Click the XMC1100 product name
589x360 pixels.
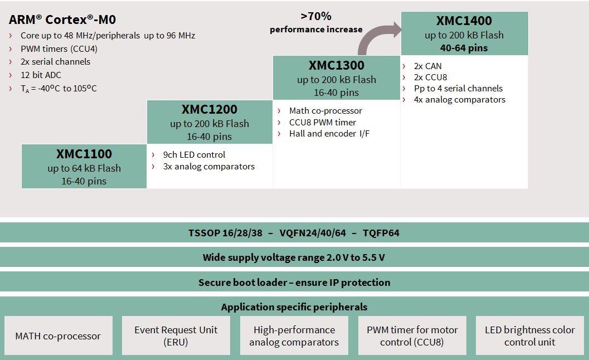point(84,154)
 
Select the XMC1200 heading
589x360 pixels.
point(210,109)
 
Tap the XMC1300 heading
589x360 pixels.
point(337,65)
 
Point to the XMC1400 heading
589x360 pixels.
point(464,21)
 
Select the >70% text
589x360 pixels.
point(316,17)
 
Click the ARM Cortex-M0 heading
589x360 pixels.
point(62,20)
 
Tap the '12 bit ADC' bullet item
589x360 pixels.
point(41,75)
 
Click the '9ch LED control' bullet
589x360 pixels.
point(194,154)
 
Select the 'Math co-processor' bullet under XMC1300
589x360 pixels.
point(325,110)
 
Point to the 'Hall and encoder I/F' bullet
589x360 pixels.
point(329,133)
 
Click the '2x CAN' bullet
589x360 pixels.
point(427,66)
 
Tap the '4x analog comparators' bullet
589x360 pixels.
point(459,99)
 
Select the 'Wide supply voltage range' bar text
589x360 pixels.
point(294,257)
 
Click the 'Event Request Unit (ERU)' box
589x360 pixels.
point(176,335)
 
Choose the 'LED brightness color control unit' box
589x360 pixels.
point(529,335)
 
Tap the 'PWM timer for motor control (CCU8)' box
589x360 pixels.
point(412,335)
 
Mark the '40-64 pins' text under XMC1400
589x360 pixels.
point(464,48)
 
